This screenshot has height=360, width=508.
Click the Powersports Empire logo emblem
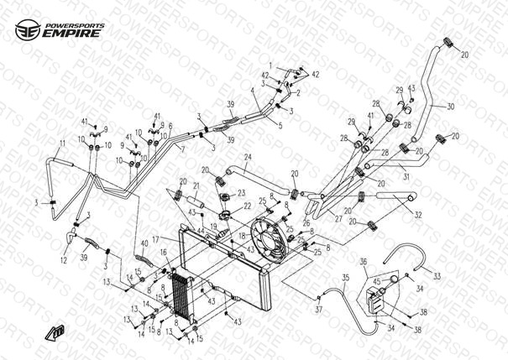27,32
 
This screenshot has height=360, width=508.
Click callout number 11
60,144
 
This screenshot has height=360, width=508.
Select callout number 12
64,260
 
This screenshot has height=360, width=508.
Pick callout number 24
247,157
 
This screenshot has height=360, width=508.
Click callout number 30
450,107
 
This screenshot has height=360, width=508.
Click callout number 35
344,277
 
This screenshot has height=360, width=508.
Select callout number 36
364,262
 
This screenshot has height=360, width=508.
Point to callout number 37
318,310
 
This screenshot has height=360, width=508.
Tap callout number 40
144,243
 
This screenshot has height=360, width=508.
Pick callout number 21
196,186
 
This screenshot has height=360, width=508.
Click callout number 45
376,281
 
